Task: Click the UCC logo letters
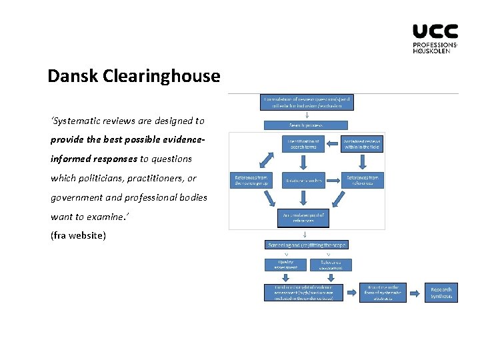(435, 31)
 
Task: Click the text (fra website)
(78, 235)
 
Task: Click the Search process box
(305, 125)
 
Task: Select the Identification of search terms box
(305, 143)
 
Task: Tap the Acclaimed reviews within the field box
(363, 143)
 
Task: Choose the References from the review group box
(250, 181)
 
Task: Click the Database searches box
(304, 181)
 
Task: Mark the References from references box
(363, 181)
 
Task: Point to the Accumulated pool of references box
(303, 218)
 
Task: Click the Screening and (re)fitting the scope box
(306, 245)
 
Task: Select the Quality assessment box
(285, 264)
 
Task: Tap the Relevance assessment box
(331, 264)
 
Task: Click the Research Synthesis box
(441, 293)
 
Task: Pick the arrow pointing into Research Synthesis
(415, 293)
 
